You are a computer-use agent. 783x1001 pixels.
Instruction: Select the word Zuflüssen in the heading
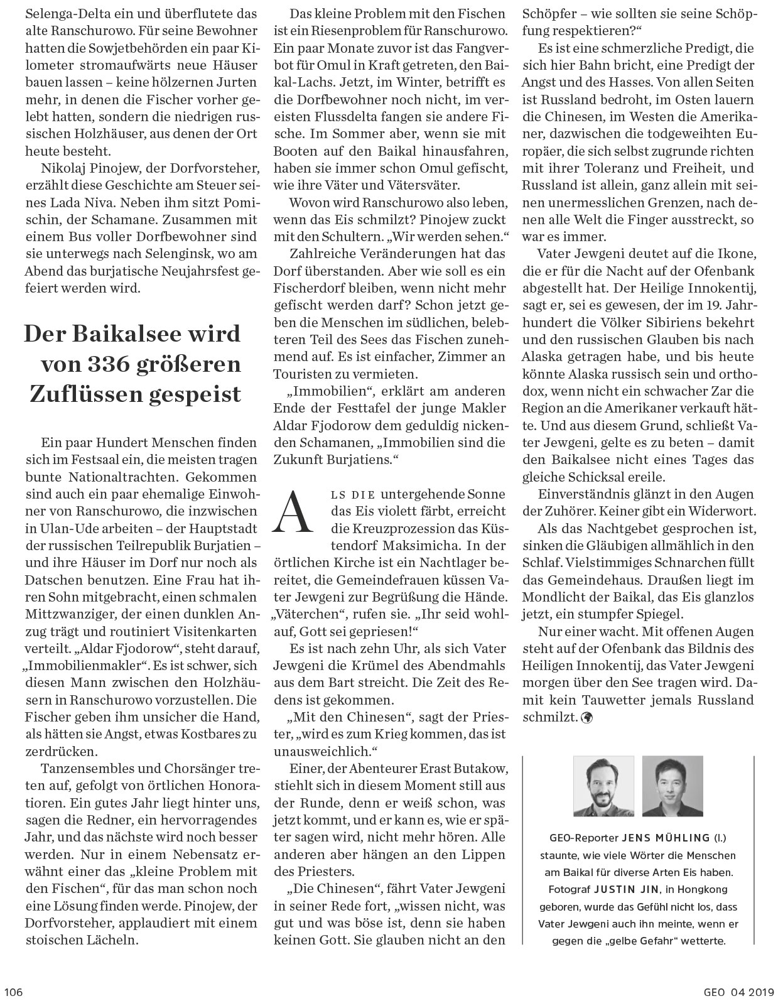tap(89, 394)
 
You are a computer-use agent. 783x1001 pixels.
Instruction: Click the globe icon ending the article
tap(588, 716)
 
